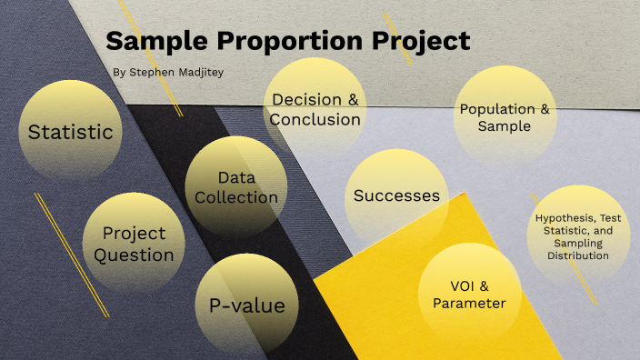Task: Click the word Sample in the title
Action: [157, 41]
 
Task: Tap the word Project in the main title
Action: [421, 41]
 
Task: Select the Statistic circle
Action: [70, 132]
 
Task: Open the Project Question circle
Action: [134, 244]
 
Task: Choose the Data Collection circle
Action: [236, 187]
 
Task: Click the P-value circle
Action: [247, 305]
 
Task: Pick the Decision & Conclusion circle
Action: [315, 109]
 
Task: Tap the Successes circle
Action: [396, 195]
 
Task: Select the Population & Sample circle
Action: [505, 117]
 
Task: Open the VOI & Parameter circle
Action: [469, 295]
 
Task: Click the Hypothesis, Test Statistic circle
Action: [578, 236]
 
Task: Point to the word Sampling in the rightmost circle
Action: [578, 244]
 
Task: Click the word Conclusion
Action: [315, 119]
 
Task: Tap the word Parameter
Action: [469, 304]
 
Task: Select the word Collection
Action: [236, 197]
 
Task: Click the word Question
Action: [134, 255]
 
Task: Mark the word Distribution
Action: [578, 255]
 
